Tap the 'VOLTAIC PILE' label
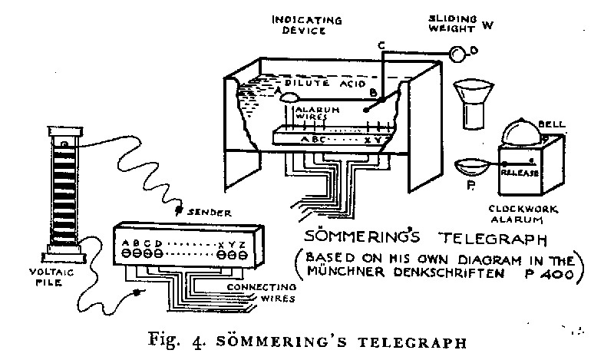click(x=51, y=277)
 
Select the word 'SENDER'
click(x=210, y=213)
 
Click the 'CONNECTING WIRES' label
click(x=262, y=292)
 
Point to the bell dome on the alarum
click(x=523, y=131)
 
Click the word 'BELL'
click(x=552, y=124)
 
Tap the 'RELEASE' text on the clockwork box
click(x=520, y=173)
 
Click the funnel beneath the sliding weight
click(x=473, y=104)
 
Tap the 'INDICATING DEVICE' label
click(x=307, y=25)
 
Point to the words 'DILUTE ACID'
click(x=325, y=84)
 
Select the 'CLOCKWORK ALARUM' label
click(x=523, y=214)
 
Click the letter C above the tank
click(x=381, y=46)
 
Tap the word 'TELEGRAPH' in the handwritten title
click(x=493, y=238)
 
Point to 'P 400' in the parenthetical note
click(x=550, y=274)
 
